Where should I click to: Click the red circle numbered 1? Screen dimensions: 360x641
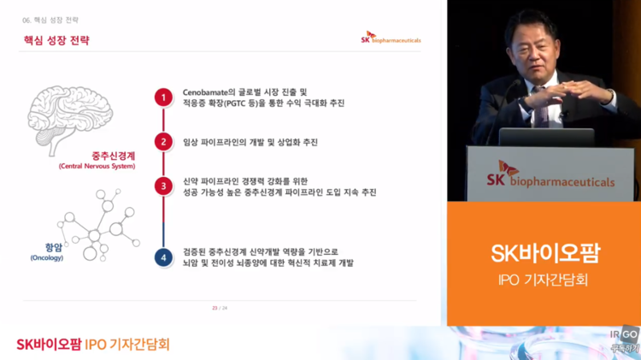pos(162,97)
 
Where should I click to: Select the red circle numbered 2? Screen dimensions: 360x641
pos(162,142)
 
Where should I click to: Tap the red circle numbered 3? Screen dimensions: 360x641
pos(162,186)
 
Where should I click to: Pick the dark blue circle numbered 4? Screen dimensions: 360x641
pos(162,257)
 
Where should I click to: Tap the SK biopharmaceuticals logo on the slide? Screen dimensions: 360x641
pos(391,39)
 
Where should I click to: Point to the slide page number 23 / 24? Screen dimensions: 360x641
pos(220,307)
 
